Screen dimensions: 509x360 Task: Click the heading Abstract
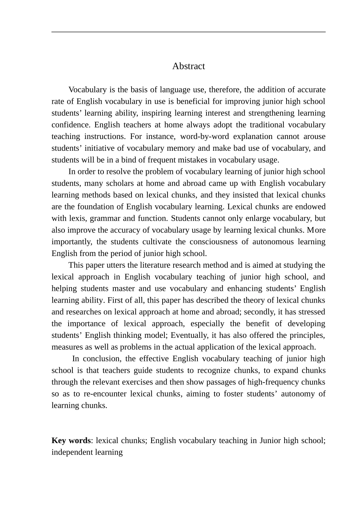(x=188, y=66)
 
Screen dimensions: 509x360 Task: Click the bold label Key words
(x=71, y=440)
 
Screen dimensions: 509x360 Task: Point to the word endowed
(x=311, y=207)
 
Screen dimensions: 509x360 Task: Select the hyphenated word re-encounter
(x=103, y=394)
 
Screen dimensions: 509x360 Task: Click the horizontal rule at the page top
(x=188, y=32)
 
